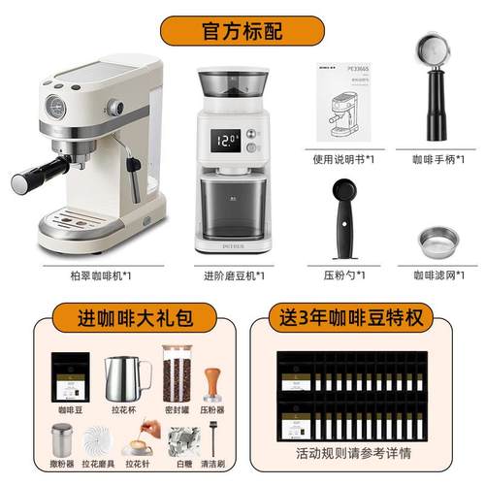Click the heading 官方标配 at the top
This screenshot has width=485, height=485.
coord(242,28)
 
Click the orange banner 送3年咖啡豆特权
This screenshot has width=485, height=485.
coord(360,317)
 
